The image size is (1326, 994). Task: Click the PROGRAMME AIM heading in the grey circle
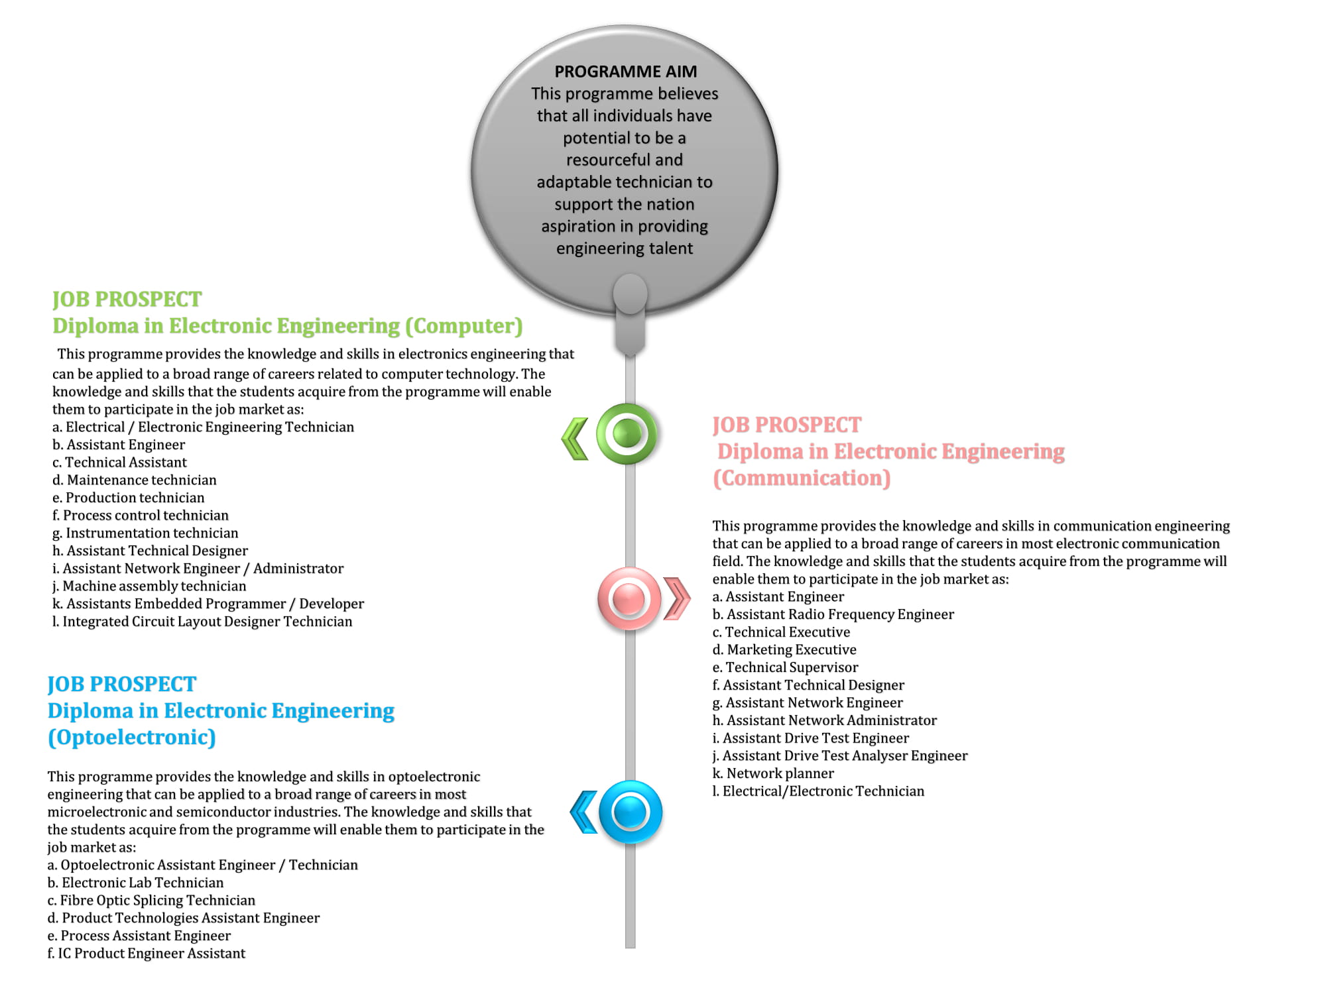[626, 72]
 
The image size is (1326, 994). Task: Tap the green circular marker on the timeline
[627, 434]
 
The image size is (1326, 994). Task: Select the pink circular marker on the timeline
[629, 598]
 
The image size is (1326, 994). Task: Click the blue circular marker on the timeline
[631, 812]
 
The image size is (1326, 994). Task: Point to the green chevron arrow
[575, 438]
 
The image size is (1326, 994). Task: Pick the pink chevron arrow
[677, 599]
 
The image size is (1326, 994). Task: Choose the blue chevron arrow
[584, 812]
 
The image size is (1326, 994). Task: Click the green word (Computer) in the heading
[464, 326]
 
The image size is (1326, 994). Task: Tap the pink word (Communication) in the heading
[802, 478]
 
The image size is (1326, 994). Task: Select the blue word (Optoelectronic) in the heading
[132, 738]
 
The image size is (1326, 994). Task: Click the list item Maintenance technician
[135, 480]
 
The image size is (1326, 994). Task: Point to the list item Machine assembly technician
[149, 586]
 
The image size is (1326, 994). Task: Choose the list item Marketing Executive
[784, 649]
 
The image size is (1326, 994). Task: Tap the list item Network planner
[773, 773]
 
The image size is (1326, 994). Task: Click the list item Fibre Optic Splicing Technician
[151, 900]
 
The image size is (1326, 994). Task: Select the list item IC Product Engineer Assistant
[147, 953]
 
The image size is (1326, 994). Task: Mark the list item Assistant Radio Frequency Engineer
[833, 614]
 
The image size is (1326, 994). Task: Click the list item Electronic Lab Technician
[135, 883]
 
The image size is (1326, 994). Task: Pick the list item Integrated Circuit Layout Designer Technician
[202, 622]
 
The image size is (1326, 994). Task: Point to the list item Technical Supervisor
[785, 667]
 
